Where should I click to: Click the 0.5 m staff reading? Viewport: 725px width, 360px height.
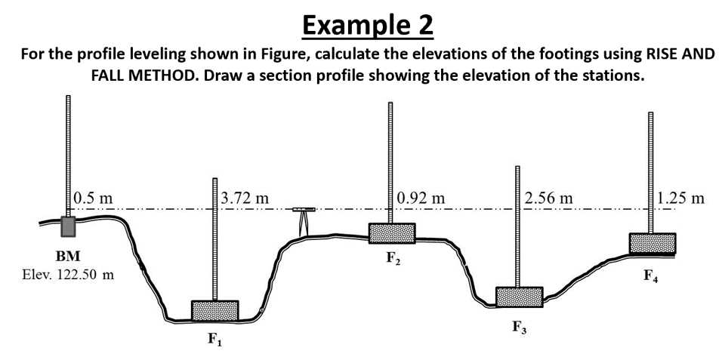coord(94,198)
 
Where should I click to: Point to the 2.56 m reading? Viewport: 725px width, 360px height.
coord(549,198)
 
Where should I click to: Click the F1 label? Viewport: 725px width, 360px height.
coord(215,340)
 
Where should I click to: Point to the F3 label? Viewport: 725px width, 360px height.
coord(519,328)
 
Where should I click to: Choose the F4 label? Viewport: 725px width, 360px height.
coord(652,275)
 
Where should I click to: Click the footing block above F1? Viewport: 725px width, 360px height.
coord(215,310)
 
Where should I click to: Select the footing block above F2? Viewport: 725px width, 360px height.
coord(391,233)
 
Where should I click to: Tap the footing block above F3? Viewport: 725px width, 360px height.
coord(519,297)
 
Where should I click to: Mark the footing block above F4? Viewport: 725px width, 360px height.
coord(652,243)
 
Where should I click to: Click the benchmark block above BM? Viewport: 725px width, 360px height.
coord(68,226)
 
